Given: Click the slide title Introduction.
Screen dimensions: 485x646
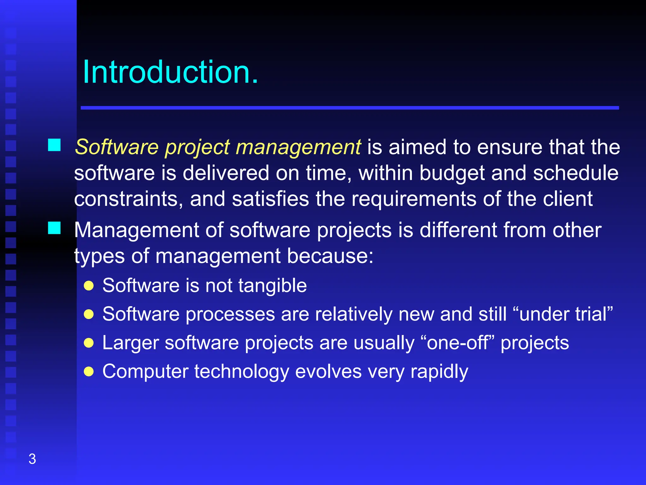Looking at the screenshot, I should [x=170, y=73].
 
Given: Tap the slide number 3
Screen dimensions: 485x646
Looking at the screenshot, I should [x=32, y=459].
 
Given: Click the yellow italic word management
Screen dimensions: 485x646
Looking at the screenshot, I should [x=298, y=147].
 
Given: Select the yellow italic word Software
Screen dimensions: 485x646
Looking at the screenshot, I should [x=117, y=147].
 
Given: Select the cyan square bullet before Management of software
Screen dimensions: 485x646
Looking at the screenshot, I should [x=54, y=228].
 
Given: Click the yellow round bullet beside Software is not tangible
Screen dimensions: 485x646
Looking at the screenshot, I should [x=89, y=286].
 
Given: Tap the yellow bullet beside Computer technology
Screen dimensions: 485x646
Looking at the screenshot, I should [x=89, y=372].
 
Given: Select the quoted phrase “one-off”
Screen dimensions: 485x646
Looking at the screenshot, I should [x=457, y=343].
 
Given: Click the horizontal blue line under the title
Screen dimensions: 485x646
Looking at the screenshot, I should [x=349, y=108].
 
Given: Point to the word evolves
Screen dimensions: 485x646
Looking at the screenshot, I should [x=328, y=372].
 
